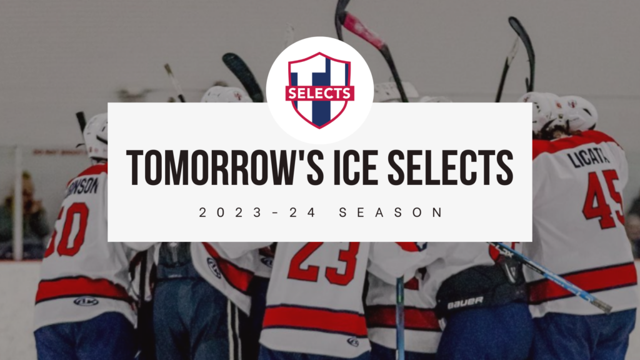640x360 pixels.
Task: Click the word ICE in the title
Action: tap(349, 167)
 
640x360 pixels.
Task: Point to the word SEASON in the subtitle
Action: tap(391, 212)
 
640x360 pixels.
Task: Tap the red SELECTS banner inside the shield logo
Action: tap(319, 93)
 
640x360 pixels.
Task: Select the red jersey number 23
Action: tap(323, 262)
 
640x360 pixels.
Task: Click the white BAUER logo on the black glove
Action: tap(465, 302)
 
